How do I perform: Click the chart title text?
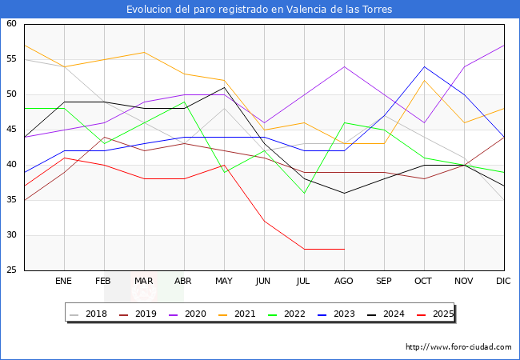coord(259,10)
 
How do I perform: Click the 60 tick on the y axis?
coord(12,24)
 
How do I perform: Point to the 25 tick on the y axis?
coord(12,270)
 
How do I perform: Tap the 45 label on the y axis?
coord(12,130)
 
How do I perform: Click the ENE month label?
coord(64,282)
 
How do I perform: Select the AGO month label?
coord(344,282)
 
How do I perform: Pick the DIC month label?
coord(504,282)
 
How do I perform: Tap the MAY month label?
coord(224,282)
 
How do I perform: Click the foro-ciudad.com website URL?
coord(458,347)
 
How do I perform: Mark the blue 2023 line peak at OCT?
coord(424,66)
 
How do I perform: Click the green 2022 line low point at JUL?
coord(304,193)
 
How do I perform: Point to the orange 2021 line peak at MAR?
coord(144,52)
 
